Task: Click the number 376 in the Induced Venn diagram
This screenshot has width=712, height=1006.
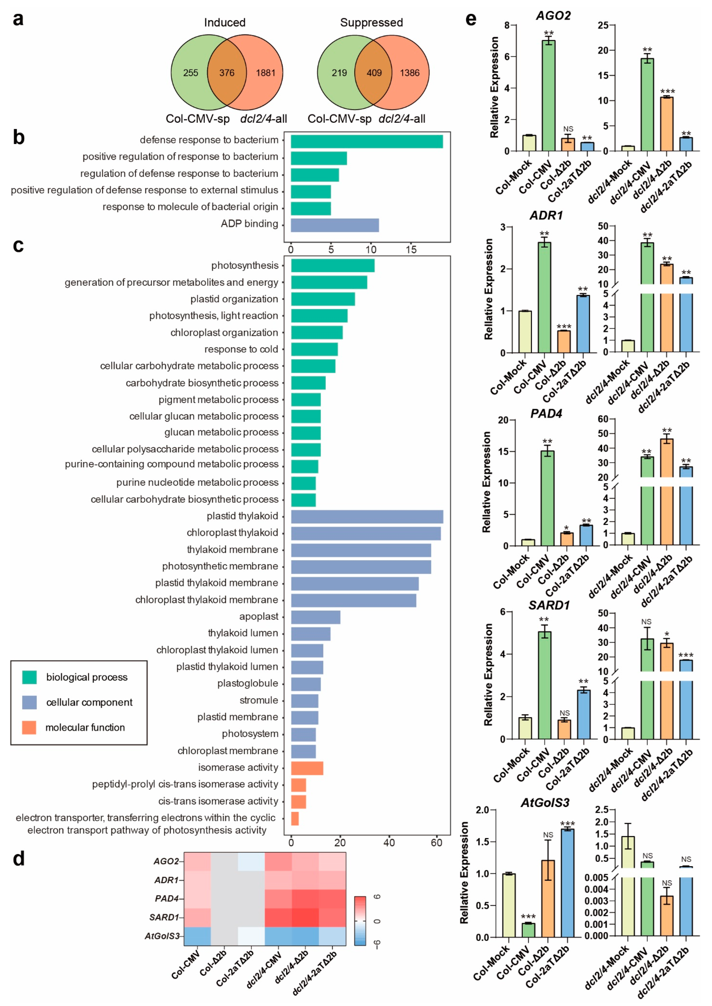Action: (x=227, y=73)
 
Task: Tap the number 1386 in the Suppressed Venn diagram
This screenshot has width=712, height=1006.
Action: (x=409, y=73)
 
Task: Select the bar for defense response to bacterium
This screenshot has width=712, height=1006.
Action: (x=366, y=142)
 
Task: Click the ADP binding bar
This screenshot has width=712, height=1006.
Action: (x=335, y=225)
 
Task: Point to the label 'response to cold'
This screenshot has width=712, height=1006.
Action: (x=241, y=349)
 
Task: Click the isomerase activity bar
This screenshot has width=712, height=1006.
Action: (x=307, y=768)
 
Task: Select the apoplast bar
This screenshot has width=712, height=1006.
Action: (x=315, y=617)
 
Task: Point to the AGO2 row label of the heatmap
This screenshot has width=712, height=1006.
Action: (x=166, y=861)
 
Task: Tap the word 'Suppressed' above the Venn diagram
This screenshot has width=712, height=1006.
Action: (x=371, y=23)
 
